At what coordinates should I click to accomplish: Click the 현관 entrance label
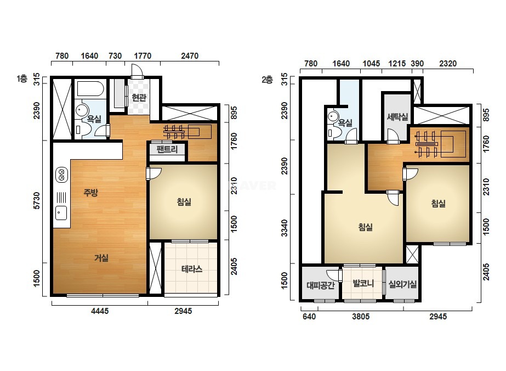[x=139, y=97]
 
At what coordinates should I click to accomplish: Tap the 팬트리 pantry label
[x=167, y=149]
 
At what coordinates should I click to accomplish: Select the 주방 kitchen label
[x=90, y=193]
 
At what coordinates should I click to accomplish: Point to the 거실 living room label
[x=101, y=258]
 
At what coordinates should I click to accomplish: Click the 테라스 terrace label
[x=192, y=269]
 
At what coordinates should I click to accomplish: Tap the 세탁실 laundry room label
[x=397, y=117]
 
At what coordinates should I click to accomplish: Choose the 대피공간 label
[x=321, y=285]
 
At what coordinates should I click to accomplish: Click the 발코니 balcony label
[x=363, y=283]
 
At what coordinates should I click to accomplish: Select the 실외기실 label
[x=402, y=284]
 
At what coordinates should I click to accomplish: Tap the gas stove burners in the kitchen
[x=61, y=175]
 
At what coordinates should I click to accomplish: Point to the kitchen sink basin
[x=61, y=213]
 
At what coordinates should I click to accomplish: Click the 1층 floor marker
[x=22, y=78]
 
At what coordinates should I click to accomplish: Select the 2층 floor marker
[x=268, y=80]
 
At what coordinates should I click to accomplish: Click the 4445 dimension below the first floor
[x=100, y=311]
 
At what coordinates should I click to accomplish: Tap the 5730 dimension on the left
[x=37, y=200]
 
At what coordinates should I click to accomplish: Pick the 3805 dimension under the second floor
[x=361, y=316]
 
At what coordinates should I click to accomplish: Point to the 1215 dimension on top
[x=397, y=63]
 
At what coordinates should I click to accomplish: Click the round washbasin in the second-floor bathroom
[x=333, y=116]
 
